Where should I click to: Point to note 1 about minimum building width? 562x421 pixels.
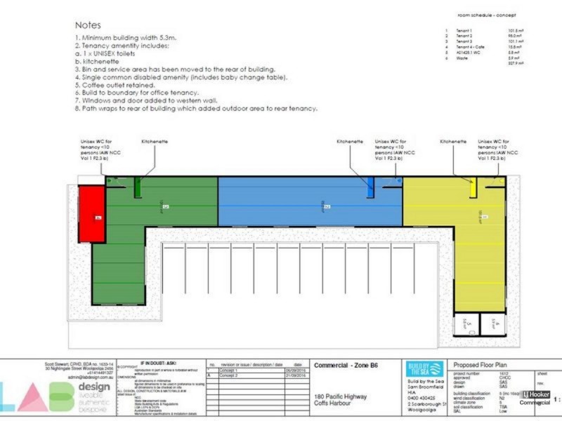[x=126, y=39]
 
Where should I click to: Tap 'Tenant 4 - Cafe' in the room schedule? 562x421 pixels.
[x=471, y=46]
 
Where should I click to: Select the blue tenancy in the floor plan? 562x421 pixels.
[x=309, y=202]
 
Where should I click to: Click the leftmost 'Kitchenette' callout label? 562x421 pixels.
[x=155, y=141]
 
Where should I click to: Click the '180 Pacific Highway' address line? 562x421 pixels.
[x=341, y=396]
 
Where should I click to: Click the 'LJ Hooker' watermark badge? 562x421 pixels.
[x=535, y=394]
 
